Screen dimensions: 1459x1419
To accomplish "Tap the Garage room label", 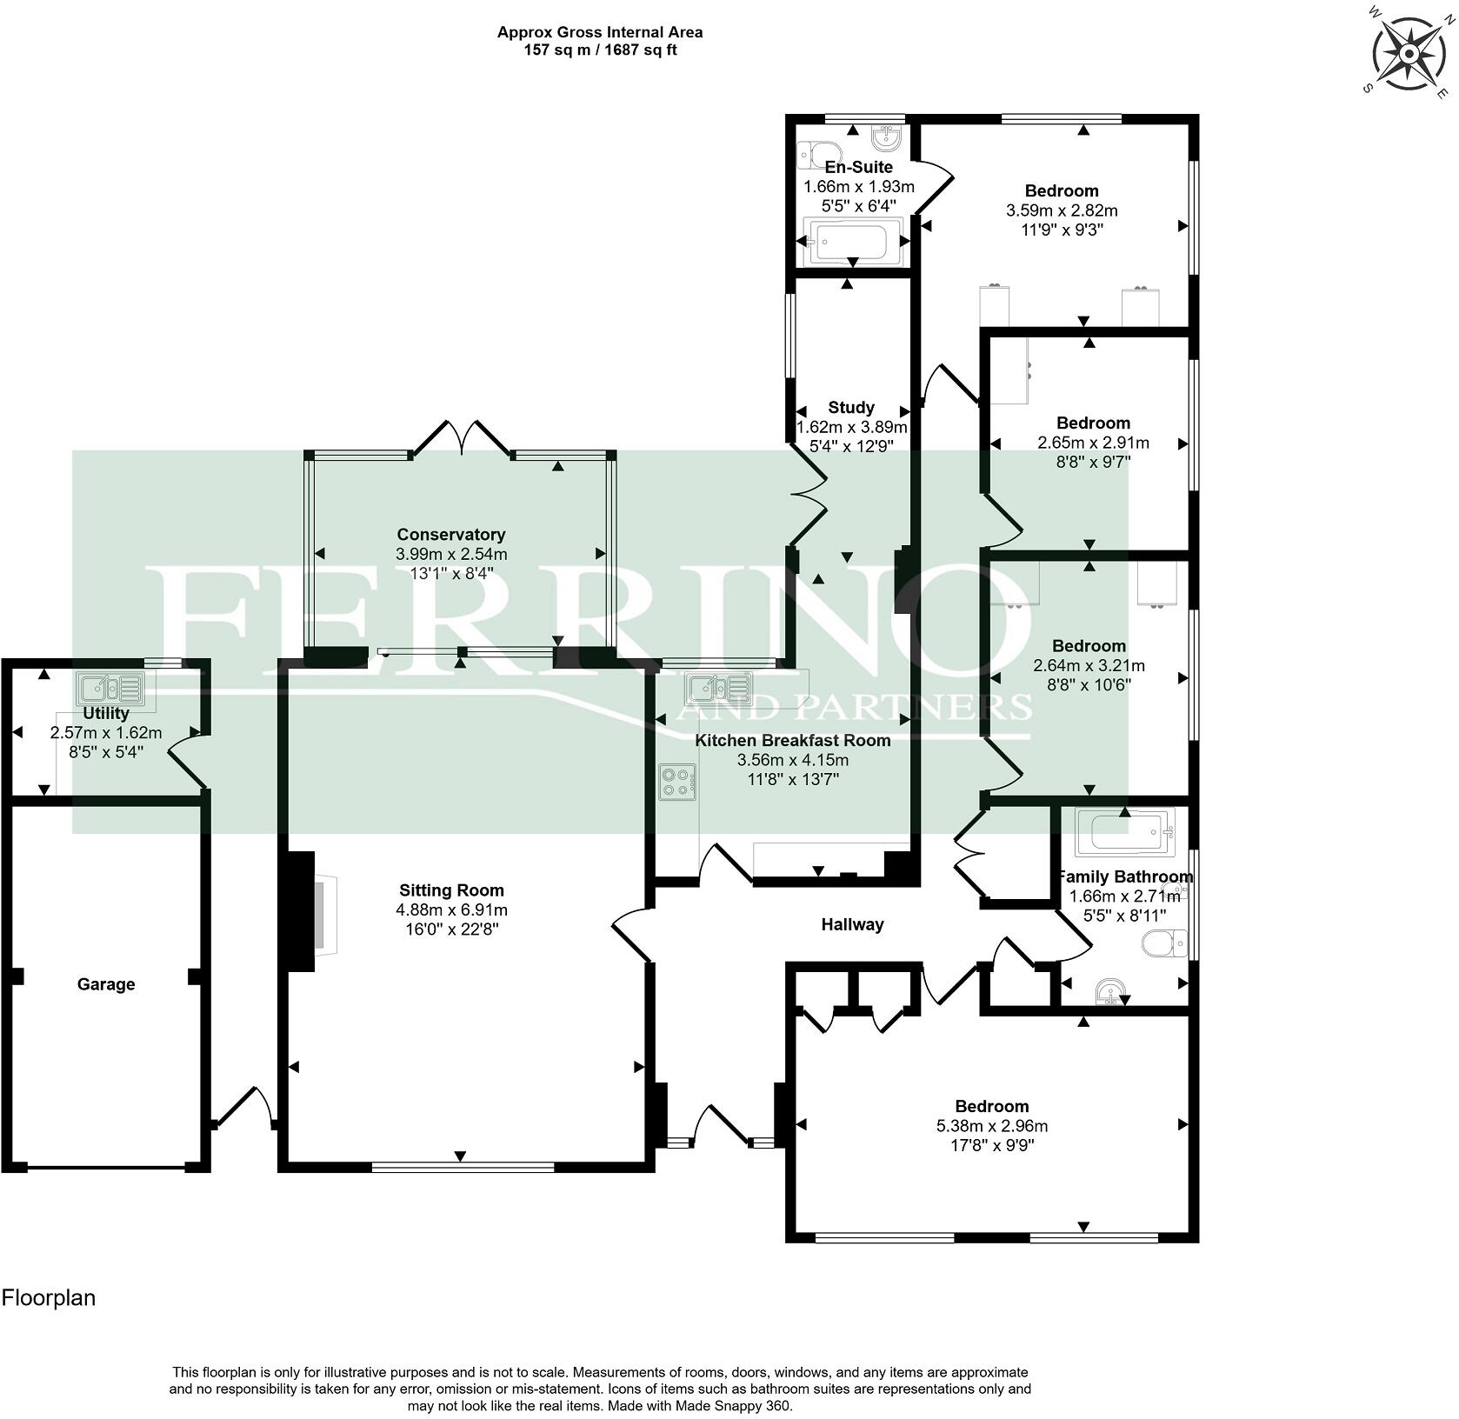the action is (106, 984).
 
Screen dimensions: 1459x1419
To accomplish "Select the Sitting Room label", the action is (451, 890).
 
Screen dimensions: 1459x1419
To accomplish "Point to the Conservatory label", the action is (451, 535).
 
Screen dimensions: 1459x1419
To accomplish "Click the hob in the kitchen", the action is (678, 781).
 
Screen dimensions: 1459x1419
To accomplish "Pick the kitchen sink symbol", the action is (719, 689).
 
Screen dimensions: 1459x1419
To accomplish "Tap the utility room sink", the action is (110, 689).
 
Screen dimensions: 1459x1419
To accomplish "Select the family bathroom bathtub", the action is (1125, 830).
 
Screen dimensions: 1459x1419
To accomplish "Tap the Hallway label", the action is (852, 924).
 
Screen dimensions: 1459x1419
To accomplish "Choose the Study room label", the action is (851, 407).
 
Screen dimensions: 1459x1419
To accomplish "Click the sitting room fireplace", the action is (309, 911).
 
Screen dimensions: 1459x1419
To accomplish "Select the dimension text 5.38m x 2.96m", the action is (992, 1126).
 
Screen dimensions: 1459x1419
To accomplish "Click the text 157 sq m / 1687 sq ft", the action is (600, 50).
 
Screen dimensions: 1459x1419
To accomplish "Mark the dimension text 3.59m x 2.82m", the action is (1062, 210).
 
